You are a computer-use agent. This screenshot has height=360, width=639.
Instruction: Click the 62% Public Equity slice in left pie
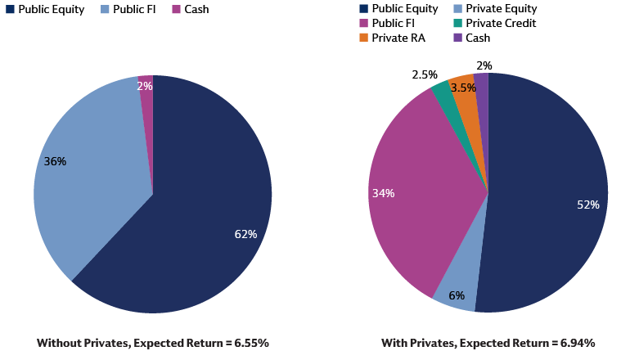(x=205, y=205)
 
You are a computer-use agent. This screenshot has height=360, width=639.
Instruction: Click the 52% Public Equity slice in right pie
(x=548, y=180)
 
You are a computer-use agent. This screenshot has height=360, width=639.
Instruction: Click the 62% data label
(x=245, y=235)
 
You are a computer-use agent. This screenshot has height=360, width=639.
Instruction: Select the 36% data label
(x=55, y=162)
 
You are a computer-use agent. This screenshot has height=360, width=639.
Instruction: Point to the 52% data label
(x=587, y=205)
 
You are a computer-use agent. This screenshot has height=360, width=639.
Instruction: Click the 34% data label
(x=383, y=194)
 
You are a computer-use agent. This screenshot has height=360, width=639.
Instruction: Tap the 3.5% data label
(x=463, y=88)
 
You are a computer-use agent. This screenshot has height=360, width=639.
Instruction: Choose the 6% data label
(x=457, y=295)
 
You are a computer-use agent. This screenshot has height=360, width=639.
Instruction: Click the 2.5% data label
(x=424, y=75)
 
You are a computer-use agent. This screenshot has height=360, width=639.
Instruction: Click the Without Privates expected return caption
(x=152, y=343)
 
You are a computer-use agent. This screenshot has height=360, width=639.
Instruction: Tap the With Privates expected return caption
(x=488, y=343)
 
